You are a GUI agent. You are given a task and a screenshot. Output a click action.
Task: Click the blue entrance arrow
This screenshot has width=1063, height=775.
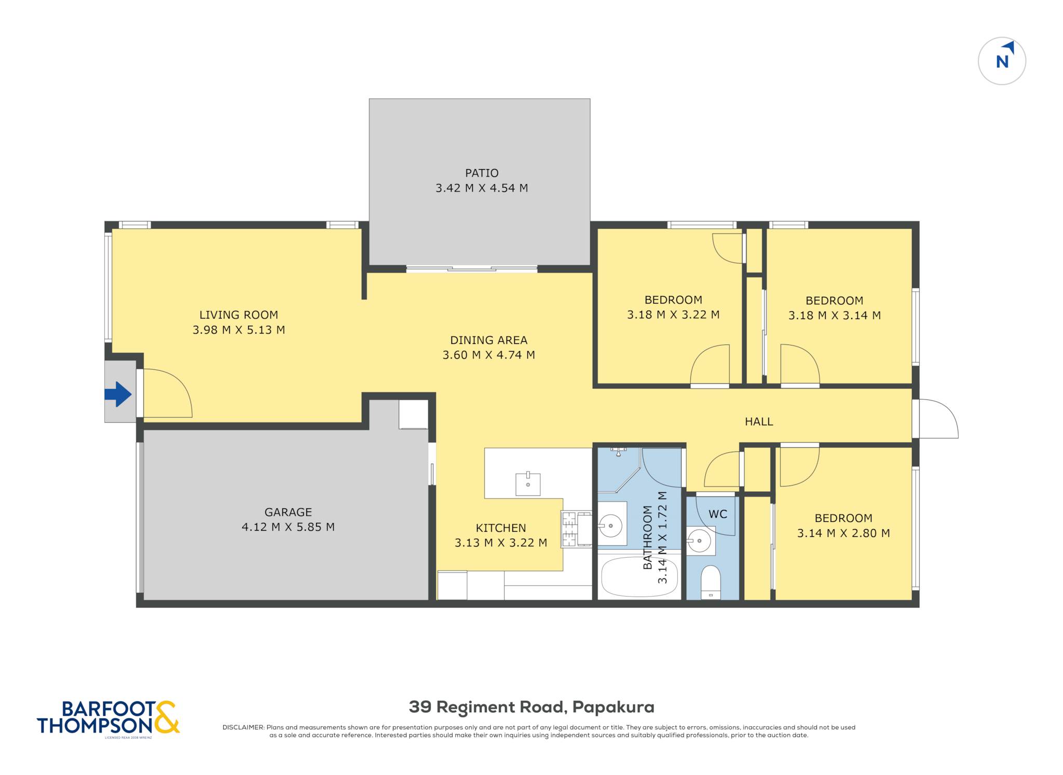pyautogui.click(x=118, y=394)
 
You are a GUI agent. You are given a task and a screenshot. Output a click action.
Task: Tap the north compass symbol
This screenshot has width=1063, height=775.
pyautogui.click(x=1002, y=61)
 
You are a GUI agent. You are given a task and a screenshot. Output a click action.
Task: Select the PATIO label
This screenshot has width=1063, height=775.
pyautogui.click(x=482, y=173)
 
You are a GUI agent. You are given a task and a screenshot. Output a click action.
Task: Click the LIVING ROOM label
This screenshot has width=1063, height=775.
pyautogui.click(x=239, y=315)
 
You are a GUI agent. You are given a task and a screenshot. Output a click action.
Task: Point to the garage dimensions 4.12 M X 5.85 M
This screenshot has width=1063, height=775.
pyautogui.click(x=288, y=527)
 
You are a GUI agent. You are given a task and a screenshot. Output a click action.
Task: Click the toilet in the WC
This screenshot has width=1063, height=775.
pyautogui.click(x=711, y=582)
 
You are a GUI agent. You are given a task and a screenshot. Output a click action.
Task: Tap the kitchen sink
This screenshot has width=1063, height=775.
pyautogui.click(x=528, y=484)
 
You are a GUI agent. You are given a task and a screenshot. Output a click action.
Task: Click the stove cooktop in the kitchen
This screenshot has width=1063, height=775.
pyautogui.click(x=569, y=529)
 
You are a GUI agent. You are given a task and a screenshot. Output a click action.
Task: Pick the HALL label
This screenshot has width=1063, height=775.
pyautogui.click(x=759, y=422)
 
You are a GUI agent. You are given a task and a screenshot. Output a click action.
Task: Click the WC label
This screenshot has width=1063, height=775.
pyautogui.click(x=718, y=514)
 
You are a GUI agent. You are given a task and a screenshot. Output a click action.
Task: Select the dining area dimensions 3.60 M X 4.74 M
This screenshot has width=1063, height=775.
pyautogui.click(x=488, y=355)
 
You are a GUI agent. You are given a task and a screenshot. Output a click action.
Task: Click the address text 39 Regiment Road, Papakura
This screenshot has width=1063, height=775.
pyautogui.click(x=531, y=707)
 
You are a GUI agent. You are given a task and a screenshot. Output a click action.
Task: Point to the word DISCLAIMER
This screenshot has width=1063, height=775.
pyautogui.click(x=243, y=727)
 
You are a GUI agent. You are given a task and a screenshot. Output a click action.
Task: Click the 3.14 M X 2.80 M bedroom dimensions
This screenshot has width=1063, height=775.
pyautogui.click(x=843, y=533)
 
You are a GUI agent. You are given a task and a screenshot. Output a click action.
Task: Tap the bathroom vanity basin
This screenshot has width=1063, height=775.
pyautogui.click(x=611, y=525)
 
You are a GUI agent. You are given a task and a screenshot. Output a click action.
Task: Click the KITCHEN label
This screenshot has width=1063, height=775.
pyautogui.click(x=501, y=528)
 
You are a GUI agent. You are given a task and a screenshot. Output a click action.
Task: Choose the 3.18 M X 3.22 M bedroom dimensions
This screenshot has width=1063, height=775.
pyautogui.click(x=673, y=315)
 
